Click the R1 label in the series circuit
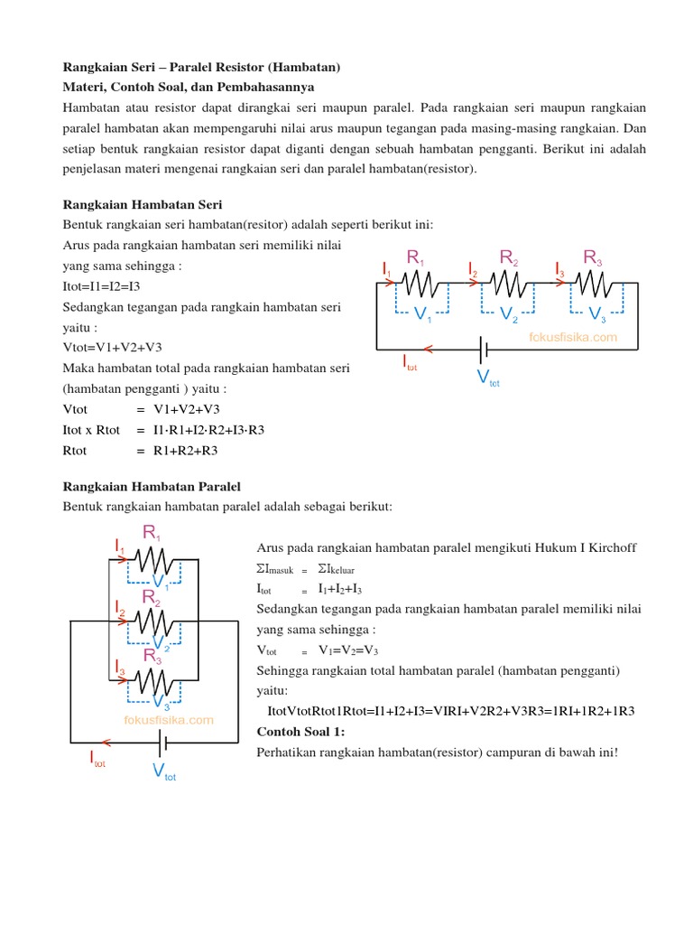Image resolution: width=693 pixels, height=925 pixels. [x=416, y=258]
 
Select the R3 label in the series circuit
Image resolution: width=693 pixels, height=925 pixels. [x=592, y=258]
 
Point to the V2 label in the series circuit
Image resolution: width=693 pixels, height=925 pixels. [x=509, y=315]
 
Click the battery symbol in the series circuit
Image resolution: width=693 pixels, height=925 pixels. [x=485, y=348]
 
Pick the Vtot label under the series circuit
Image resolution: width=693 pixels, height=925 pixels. [x=487, y=378]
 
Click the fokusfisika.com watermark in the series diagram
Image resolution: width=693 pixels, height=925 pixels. [x=573, y=337]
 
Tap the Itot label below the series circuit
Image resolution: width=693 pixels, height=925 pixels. [x=410, y=363]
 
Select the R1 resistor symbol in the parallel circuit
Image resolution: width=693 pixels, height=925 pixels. [x=153, y=558]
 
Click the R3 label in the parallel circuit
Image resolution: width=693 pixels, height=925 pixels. [x=152, y=655]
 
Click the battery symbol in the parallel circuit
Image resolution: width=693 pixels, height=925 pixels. [x=162, y=743]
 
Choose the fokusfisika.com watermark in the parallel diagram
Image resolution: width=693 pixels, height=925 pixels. [x=169, y=720]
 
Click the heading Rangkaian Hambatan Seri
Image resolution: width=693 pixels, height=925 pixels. [x=142, y=205]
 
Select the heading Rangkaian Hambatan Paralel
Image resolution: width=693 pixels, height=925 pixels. [x=152, y=487]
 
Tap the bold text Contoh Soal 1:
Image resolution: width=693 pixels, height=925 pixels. [x=301, y=731]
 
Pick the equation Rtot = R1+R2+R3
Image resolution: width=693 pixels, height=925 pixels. [x=140, y=450]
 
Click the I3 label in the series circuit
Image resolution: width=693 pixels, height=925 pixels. [x=559, y=268]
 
